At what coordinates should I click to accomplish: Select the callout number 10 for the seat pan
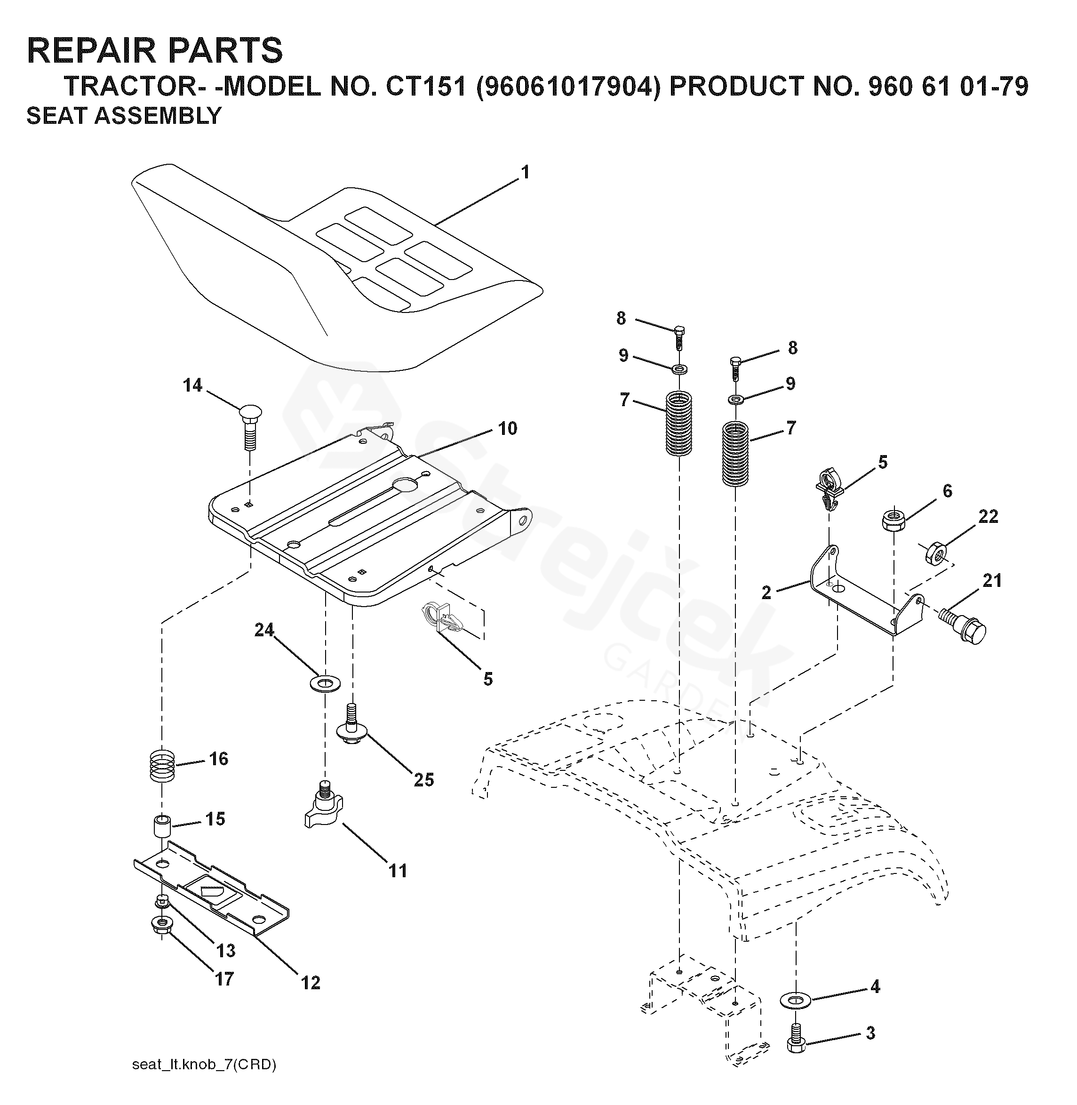pos(507,428)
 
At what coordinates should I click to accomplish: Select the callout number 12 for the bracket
pos(311,983)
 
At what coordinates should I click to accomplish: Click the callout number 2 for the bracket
pos(766,593)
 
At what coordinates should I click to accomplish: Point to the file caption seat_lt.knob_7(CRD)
pos(204,1065)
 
